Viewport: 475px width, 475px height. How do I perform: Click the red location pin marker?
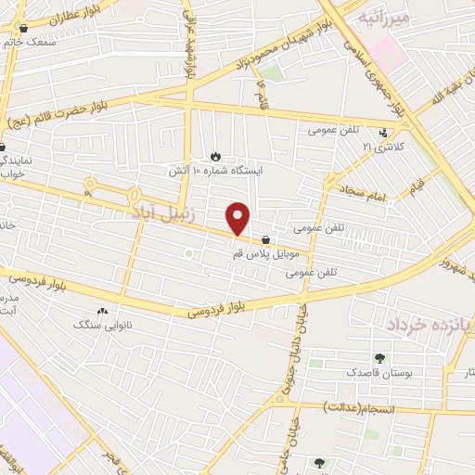[x=238, y=219]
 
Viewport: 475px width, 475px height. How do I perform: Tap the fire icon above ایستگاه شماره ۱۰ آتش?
[x=216, y=156]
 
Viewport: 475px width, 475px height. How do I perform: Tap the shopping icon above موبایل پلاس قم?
[x=266, y=238]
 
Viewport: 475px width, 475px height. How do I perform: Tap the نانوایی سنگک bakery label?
[x=102, y=325]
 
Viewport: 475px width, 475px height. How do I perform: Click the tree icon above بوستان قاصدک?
[x=379, y=358]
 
